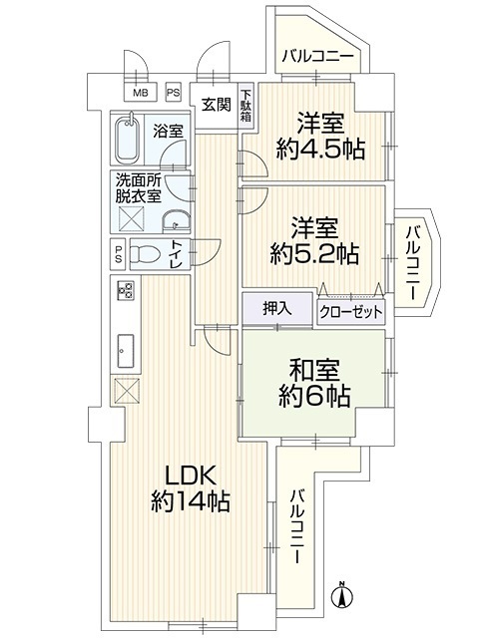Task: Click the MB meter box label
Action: point(140,93)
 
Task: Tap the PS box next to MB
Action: point(173,93)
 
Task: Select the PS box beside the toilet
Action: point(118,254)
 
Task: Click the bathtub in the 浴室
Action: point(128,140)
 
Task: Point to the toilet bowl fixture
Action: point(144,255)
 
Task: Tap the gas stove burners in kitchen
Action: point(126,291)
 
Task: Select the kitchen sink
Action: point(126,350)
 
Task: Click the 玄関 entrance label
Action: point(216,105)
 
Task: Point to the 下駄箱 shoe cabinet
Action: point(246,106)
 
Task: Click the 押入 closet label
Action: point(277,310)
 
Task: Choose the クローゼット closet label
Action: point(351,312)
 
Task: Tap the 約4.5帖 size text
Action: point(320,151)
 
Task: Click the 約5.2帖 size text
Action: point(315,255)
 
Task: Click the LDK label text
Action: point(189,477)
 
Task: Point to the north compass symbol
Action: point(342,596)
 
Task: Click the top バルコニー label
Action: point(317,55)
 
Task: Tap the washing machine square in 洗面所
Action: point(131,219)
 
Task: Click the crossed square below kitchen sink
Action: point(127,390)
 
